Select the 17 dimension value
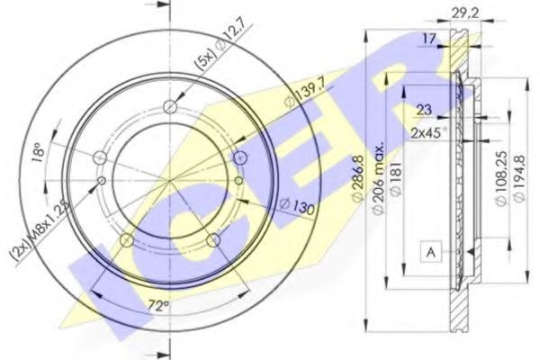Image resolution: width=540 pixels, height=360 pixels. point(431,38)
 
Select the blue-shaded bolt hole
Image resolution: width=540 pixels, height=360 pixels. point(239,158)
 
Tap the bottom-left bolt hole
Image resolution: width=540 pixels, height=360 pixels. point(128,240)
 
